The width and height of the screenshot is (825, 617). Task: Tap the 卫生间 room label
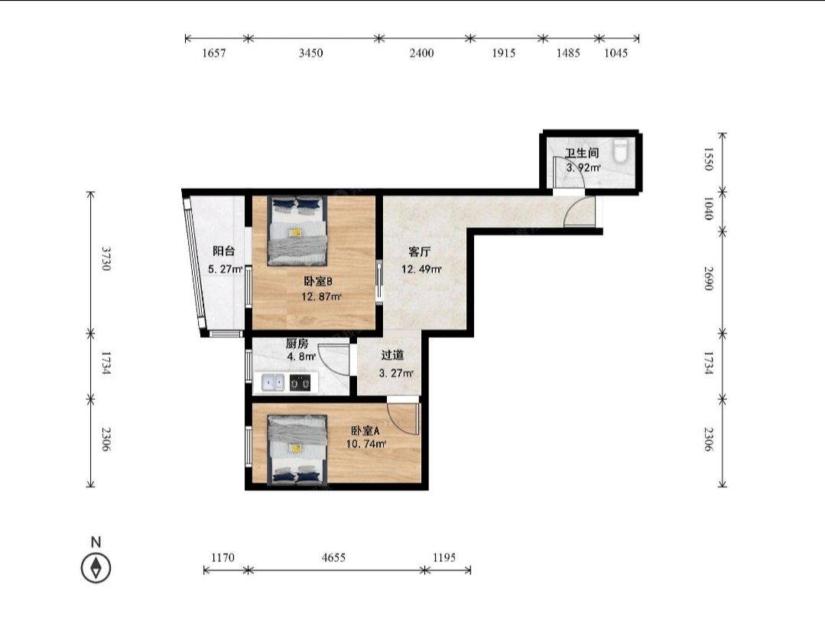pyautogui.click(x=582, y=153)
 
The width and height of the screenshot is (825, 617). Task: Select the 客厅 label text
pyautogui.click(x=419, y=252)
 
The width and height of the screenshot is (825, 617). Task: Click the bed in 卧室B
pyautogui.click(x=297, y=230)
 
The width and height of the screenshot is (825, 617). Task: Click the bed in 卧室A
pyautogui.click(x=297, y=450)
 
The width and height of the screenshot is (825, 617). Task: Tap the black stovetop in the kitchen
pyautogui.click(x=300, y=382)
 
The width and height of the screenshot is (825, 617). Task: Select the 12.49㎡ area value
pyautogui.click(x=421, y=269)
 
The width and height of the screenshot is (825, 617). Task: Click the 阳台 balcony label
pyautogui.click(x=223, y=252)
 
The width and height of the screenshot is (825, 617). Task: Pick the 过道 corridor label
pyautogui.click(x=392, y=355)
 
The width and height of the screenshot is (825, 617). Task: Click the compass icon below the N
pyautogui.click(x=96, y=567)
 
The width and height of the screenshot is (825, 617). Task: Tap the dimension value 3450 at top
pyautogui.click(x=310, y=53)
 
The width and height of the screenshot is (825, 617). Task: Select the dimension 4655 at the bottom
pyautogui.click(x=333, y=557)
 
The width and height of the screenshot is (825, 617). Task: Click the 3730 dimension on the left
pyautogui.click(x=106, y=258)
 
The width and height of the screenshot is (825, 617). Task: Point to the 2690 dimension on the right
pyautogui.click(x=708, y=278)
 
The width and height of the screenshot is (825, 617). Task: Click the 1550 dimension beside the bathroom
pyautogui.click(x=708, y=159)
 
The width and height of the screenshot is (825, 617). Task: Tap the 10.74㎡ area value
pyautogui.click(x=366, y=444)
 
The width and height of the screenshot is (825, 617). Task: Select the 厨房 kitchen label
pyautogui.click(x=297, y=344)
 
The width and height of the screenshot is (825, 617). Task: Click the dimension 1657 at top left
pyautogui.click(x=213, y=53)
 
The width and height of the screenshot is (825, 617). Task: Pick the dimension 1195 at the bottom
pyautogui.click(x=444, y=557)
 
